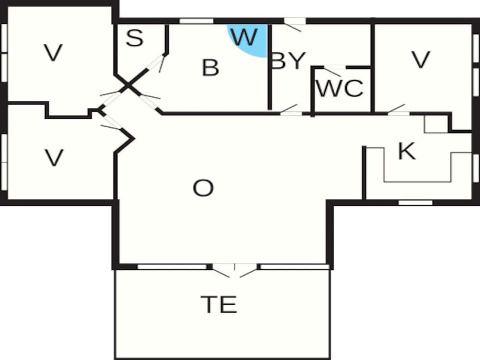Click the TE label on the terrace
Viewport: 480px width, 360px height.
point(219,304)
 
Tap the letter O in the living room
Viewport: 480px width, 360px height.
point(203,188)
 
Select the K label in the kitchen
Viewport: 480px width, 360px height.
point(407,151)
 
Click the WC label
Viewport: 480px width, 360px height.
point(340,88)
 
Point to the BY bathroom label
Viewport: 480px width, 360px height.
point(288,61)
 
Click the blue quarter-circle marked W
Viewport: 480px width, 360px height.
point(248,40)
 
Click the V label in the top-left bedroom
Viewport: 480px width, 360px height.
point(53,52)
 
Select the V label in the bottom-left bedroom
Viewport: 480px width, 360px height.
point(54,157)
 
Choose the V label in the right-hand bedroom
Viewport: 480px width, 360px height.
point(421,59)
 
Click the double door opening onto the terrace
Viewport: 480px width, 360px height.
point(235,270)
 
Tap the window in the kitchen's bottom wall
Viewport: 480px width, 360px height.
point(415,203)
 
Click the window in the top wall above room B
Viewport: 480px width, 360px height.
point(196,21)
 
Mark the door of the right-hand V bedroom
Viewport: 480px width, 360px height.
point(398,110)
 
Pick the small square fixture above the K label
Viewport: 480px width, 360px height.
point(436,124)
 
